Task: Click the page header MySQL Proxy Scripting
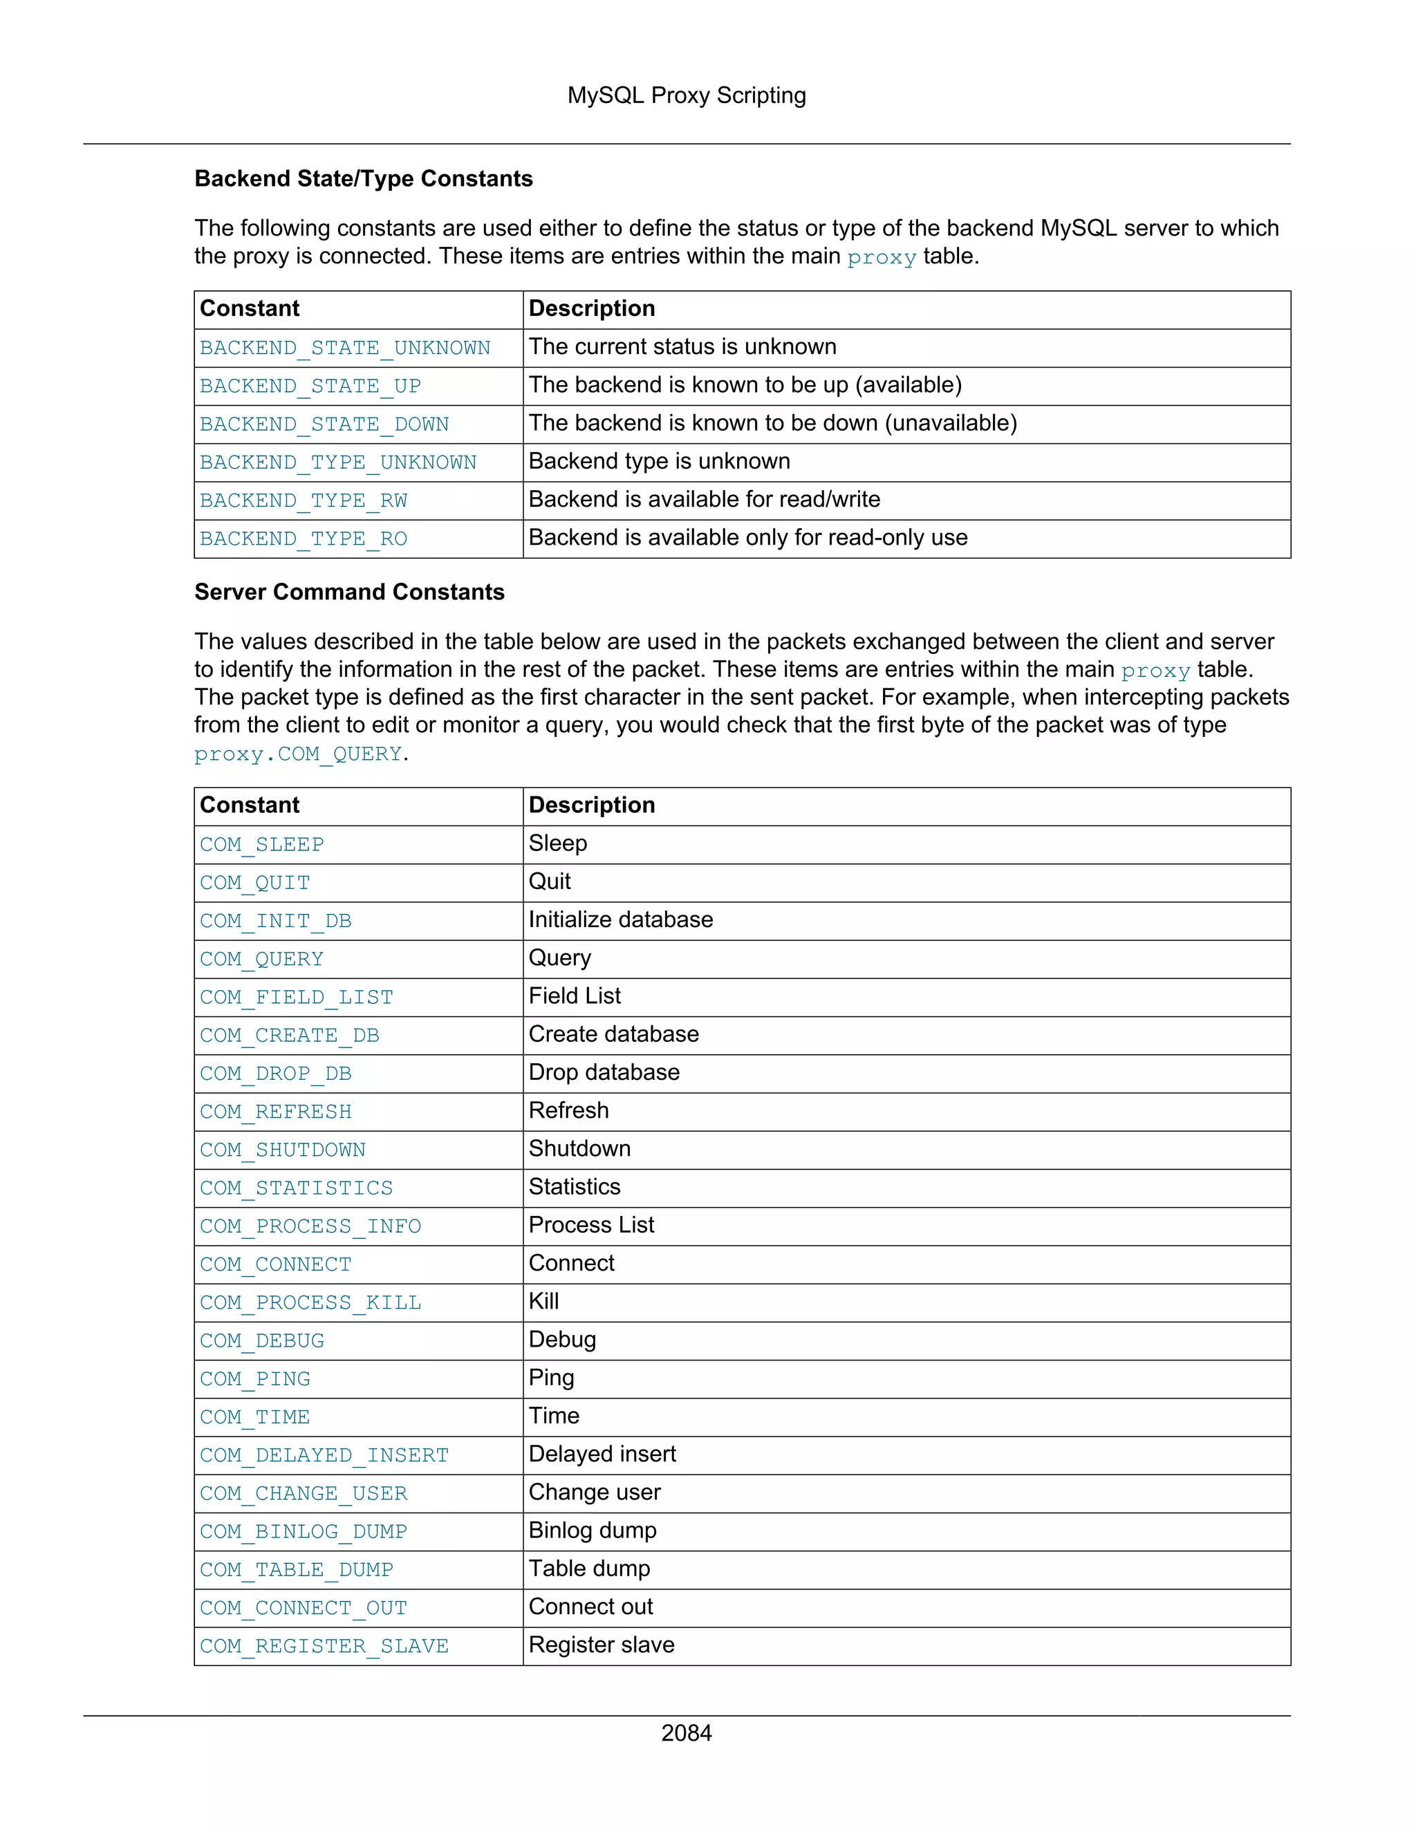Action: [686, 95]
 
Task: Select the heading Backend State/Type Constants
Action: [363, 178]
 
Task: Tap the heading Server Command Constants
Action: [349, 592]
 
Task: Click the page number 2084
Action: [686, 1733]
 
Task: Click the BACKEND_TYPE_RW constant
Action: [303, 501]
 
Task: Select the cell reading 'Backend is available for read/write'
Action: [704, 500]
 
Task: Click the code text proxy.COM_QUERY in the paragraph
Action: [298, 754]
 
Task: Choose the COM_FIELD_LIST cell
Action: [296, 998]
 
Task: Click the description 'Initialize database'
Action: [620, 920]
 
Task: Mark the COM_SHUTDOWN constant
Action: [282, 1150]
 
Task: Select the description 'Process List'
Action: [590, 1226]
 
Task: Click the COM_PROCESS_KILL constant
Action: [310, 1302]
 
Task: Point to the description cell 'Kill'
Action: [543, 1302]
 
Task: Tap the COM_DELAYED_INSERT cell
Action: [324, 1455]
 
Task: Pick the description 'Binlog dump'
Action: [593, 1531]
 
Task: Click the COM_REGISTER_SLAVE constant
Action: [324, 1647]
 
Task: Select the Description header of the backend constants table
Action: [591, 309]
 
